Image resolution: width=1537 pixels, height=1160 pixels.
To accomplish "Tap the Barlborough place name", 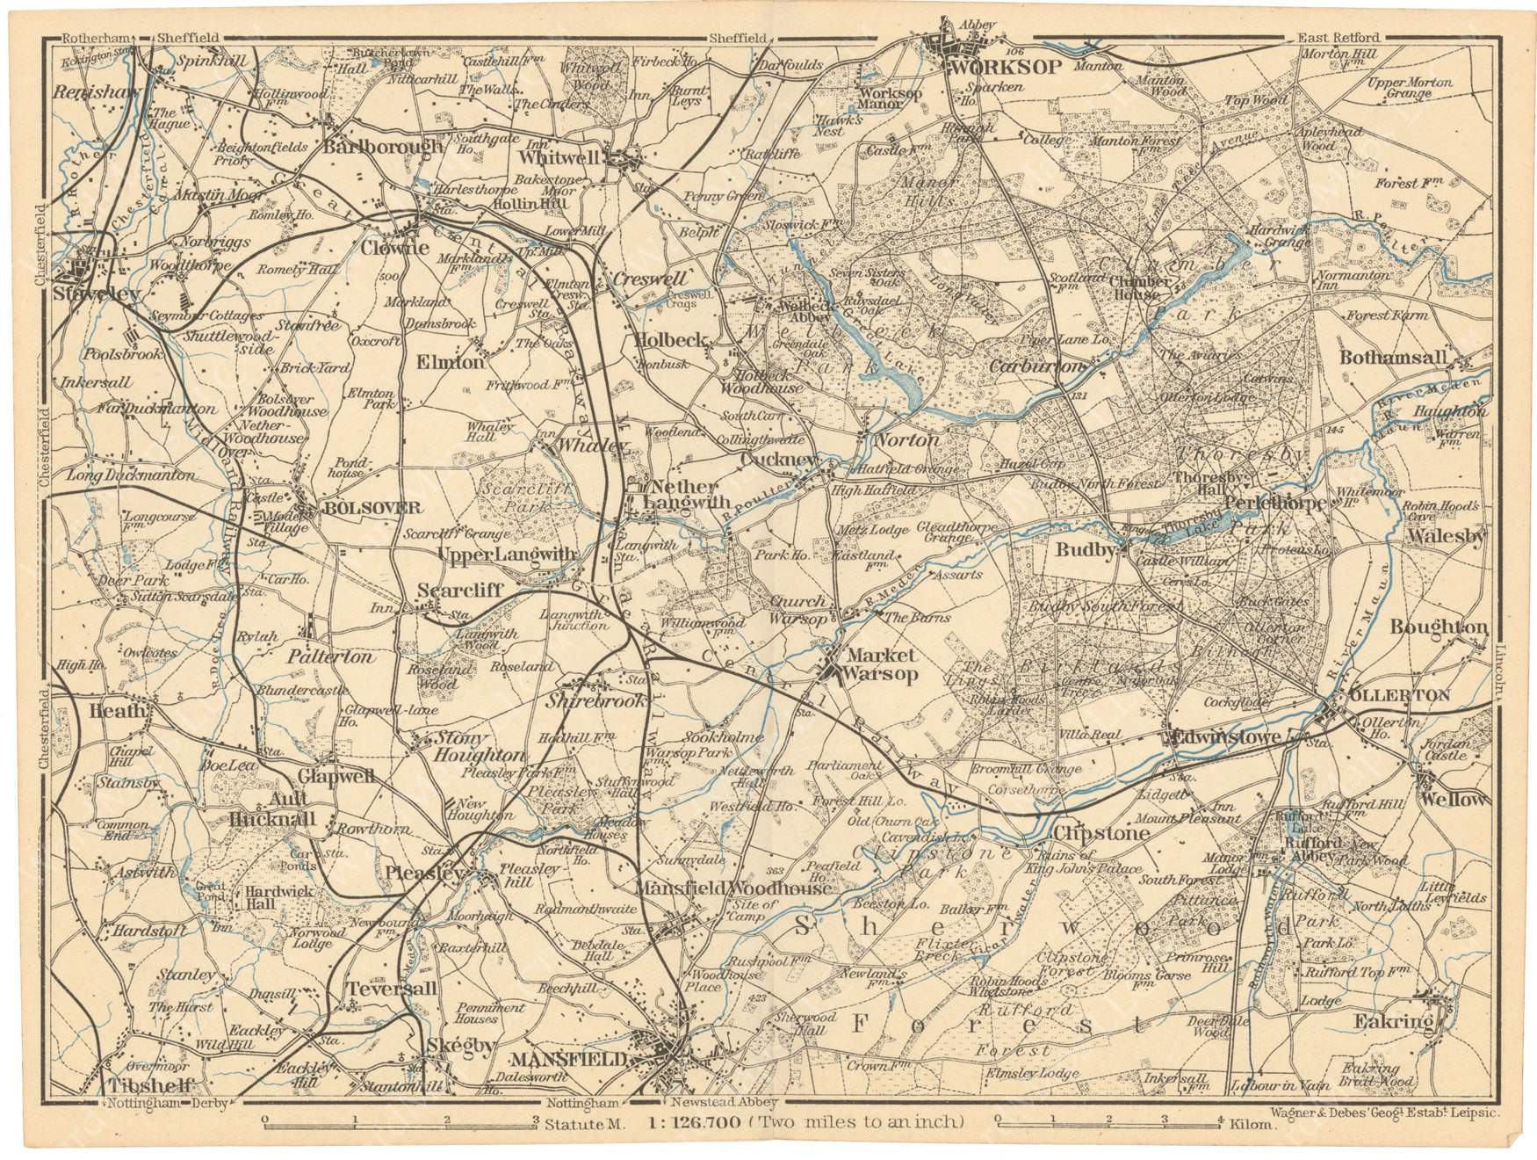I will tap(383, 147).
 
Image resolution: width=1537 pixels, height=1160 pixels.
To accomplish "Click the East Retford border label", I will tap(1339, 38).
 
